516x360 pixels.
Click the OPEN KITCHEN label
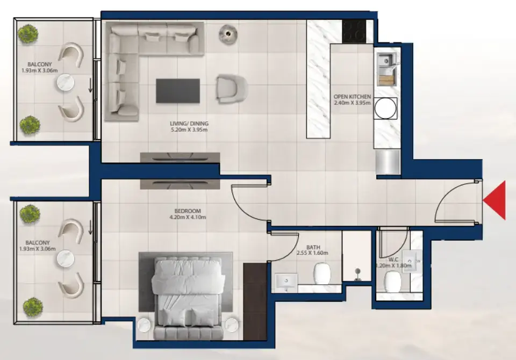[352, 97]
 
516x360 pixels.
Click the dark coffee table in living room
[178, 91]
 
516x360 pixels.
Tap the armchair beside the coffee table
[231, 88]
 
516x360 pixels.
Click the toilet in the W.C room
[392, 280]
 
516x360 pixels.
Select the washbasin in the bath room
[286, 280]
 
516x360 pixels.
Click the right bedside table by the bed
[231, 326]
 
